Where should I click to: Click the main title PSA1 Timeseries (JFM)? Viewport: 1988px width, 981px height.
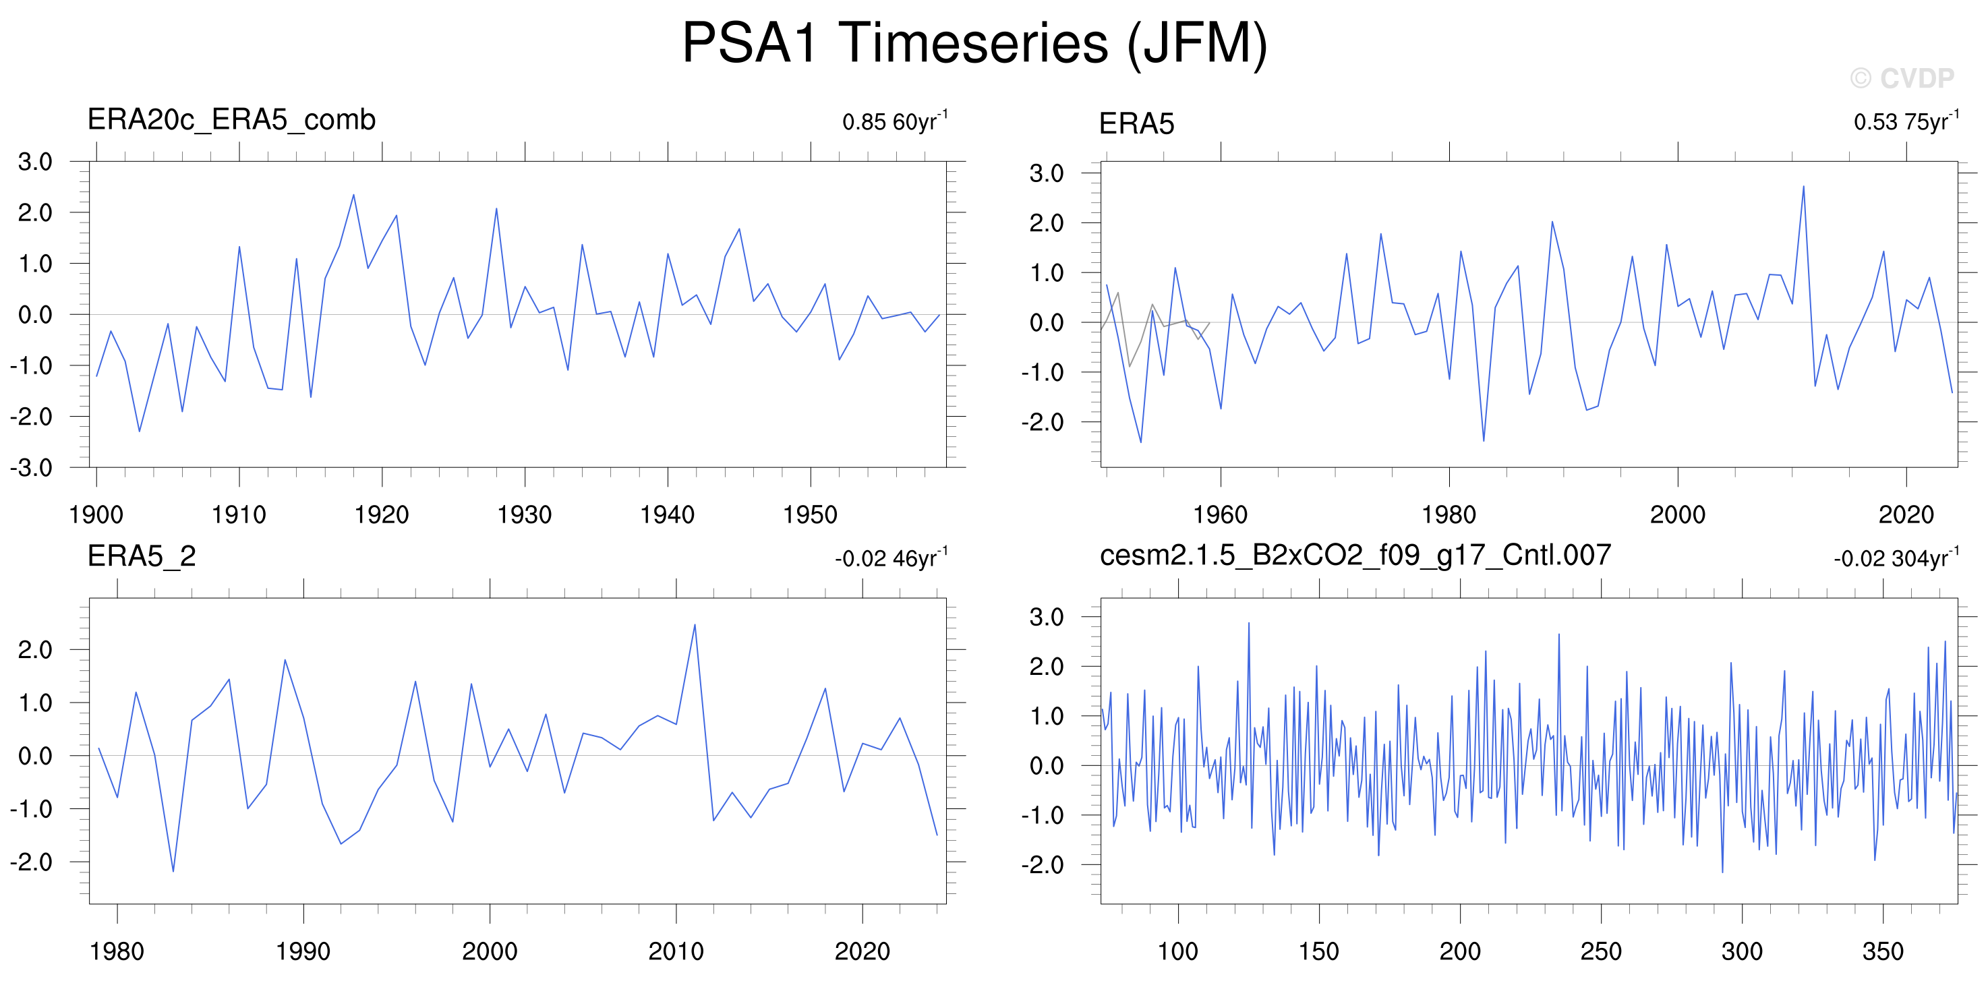(x=974, y=44)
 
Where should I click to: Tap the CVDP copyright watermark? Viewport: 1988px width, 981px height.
(x=1902, y=78)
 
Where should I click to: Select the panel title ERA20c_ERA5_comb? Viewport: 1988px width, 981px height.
(x=231, y=119)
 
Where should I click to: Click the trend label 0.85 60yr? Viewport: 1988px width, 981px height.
(x=896, y=121)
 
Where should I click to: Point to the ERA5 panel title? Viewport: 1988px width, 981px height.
(x=1136, y=123)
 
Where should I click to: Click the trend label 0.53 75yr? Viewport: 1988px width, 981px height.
(x=1906, y=121)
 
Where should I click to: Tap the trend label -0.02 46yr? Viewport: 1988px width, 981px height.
(x=891, y=558)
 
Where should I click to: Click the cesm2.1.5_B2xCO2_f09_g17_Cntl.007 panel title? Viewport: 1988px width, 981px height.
(x=1355, y=556)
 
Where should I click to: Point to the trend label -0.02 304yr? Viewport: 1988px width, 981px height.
(x=1896, y=558)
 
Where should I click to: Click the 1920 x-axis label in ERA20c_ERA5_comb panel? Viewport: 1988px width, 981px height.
(x=381, y=515)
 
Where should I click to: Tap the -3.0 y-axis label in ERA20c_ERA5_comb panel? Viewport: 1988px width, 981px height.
(x=31, y=468)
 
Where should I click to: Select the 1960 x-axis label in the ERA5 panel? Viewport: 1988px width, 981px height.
(x=1220, y=515)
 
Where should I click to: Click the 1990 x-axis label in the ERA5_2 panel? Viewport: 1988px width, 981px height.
(x=303, y=951)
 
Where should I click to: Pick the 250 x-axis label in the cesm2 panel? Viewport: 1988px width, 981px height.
(x=1602, y=951)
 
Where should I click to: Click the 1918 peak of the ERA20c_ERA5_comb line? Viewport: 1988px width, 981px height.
(x=353, y=194)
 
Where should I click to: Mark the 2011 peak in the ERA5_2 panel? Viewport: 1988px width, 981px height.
(x=695, y=624)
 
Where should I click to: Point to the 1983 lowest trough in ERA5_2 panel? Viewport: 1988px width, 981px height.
(x=173, y=871)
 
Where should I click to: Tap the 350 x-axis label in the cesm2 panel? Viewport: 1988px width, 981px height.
(x=1883, y=951)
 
